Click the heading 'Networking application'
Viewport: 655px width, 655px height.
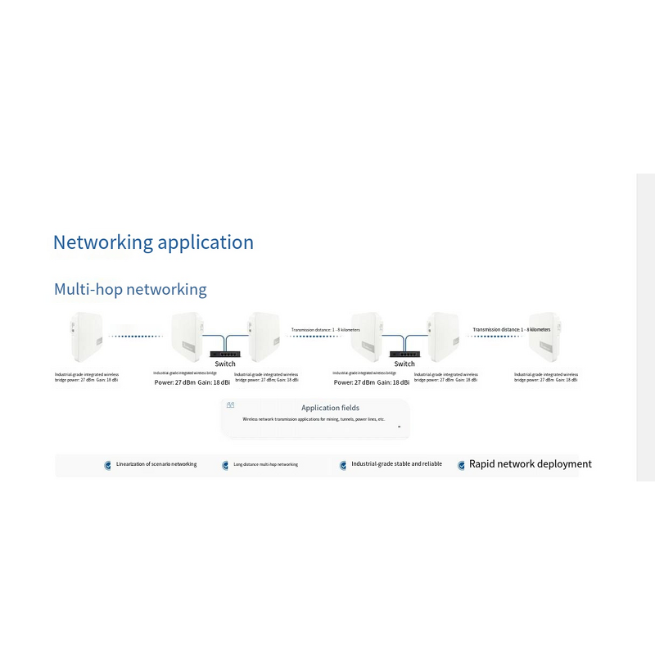click(153, 242)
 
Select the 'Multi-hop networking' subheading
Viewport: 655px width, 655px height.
click(130, 289)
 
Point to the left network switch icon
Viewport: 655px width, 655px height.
click(224, 353)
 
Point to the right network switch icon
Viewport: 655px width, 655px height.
click(404, 353)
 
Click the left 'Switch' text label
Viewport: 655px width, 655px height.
click(224, 364)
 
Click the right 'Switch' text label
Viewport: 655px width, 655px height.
click(404, 364)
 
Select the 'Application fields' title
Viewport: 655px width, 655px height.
click(330, 408)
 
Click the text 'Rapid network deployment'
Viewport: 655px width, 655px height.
click(530, 464)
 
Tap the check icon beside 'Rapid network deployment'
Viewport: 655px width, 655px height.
click(461, 465)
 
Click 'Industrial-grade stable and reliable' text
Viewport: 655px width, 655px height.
click(396, 464)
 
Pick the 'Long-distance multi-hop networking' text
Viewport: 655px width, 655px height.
click(265, 464)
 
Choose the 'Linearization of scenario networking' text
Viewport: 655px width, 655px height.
click(156, 464)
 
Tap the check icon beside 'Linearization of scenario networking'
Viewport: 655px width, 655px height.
click(107, 465)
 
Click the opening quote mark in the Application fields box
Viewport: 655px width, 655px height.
click(230, 405)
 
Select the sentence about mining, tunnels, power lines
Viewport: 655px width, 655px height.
click(314, 419)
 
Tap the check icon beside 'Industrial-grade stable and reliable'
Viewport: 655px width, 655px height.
click(343, 465)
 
